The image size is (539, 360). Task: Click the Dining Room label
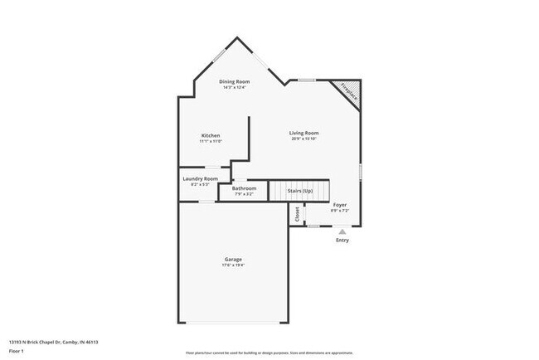coord(234,81)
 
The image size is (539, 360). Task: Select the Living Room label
coord(304,133)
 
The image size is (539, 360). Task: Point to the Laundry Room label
coord(200,178)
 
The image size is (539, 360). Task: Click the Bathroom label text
coord(244,188)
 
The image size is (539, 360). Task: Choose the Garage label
coord(233,260)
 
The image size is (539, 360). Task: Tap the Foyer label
coord(340,204)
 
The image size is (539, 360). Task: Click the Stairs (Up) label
coord(300,191)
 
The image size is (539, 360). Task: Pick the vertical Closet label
coord(297,213)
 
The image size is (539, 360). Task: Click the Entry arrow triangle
coord(342,232)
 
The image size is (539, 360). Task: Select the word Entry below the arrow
coord(342,241)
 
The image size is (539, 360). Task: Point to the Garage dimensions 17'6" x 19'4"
coord(233,266)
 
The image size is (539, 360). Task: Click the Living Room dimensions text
coord(304,139)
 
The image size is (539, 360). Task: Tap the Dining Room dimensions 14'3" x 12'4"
coord(234,87)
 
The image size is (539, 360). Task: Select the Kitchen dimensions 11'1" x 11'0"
coord(211,142)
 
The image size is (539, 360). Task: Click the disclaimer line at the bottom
coord(269,353)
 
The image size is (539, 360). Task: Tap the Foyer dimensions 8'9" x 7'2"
coord(340,210)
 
